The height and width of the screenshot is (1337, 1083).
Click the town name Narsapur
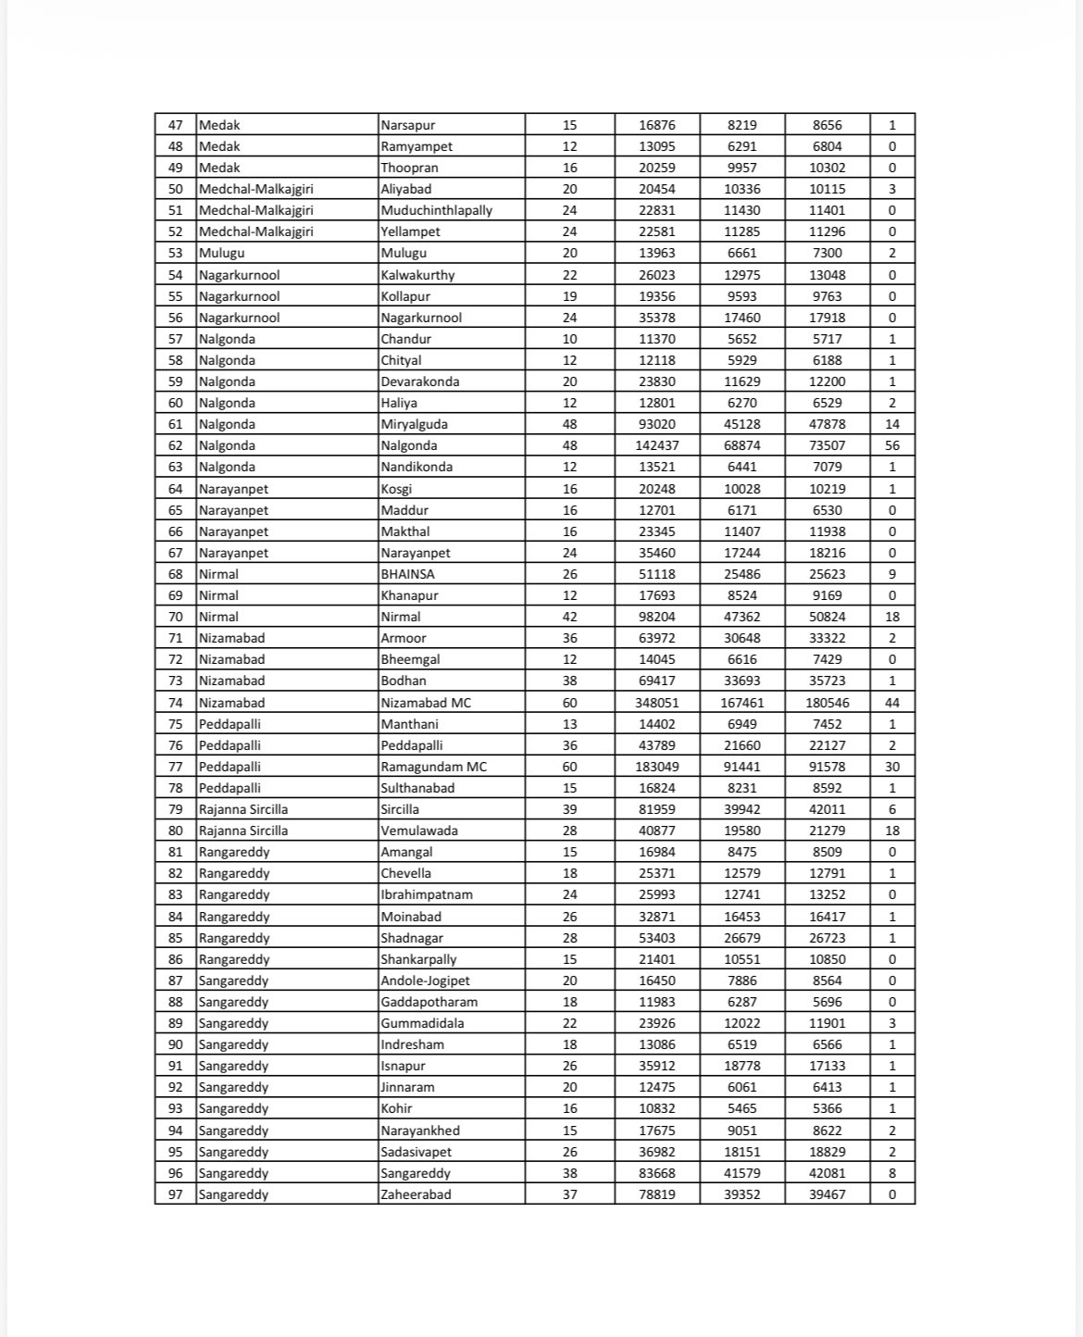408,125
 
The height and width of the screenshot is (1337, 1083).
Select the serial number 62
176,445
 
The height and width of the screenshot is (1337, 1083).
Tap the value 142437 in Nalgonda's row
657,445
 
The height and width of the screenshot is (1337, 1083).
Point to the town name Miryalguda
414,424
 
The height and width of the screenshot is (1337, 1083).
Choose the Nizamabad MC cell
426,703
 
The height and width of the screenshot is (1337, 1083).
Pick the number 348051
657,703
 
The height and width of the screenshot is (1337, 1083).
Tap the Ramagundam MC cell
433,767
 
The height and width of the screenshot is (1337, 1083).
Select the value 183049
657,767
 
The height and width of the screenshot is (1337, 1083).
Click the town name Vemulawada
419,831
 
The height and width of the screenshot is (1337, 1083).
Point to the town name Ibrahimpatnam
427,894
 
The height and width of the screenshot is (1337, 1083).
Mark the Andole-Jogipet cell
427,981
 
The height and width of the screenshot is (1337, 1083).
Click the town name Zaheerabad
416,1194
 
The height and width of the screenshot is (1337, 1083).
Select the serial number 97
176,1194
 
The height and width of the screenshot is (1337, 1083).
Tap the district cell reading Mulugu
221,253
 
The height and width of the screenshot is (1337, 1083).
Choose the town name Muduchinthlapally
437,210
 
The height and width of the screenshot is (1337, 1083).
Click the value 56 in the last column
892,445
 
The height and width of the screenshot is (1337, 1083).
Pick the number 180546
828,703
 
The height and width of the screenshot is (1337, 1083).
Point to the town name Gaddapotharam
429,1002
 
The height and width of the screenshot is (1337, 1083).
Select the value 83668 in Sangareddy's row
657,1173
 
